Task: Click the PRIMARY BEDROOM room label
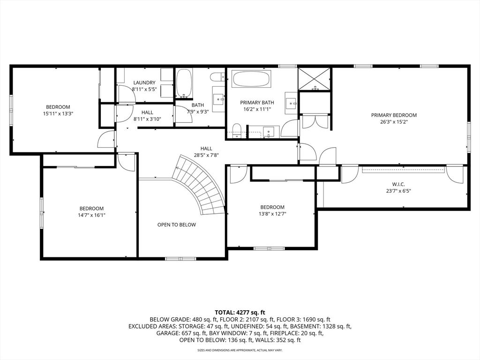394,115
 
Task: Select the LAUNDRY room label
144,82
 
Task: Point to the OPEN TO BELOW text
176,225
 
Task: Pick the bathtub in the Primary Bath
251,78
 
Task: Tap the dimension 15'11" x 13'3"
58,113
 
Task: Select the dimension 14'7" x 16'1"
91,215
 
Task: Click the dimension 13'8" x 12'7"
272,214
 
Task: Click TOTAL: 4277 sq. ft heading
240,312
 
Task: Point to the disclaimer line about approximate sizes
240,350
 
